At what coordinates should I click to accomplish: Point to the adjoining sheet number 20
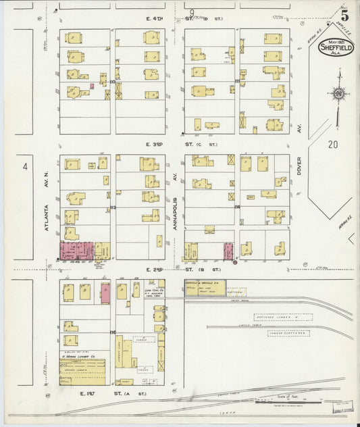coord(332,144)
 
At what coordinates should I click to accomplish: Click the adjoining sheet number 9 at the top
coord(192,13)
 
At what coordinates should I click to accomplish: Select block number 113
coord(113,207)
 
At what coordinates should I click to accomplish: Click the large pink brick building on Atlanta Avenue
coord(76,249)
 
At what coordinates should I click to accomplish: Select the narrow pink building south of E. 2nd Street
coord(105,293)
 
